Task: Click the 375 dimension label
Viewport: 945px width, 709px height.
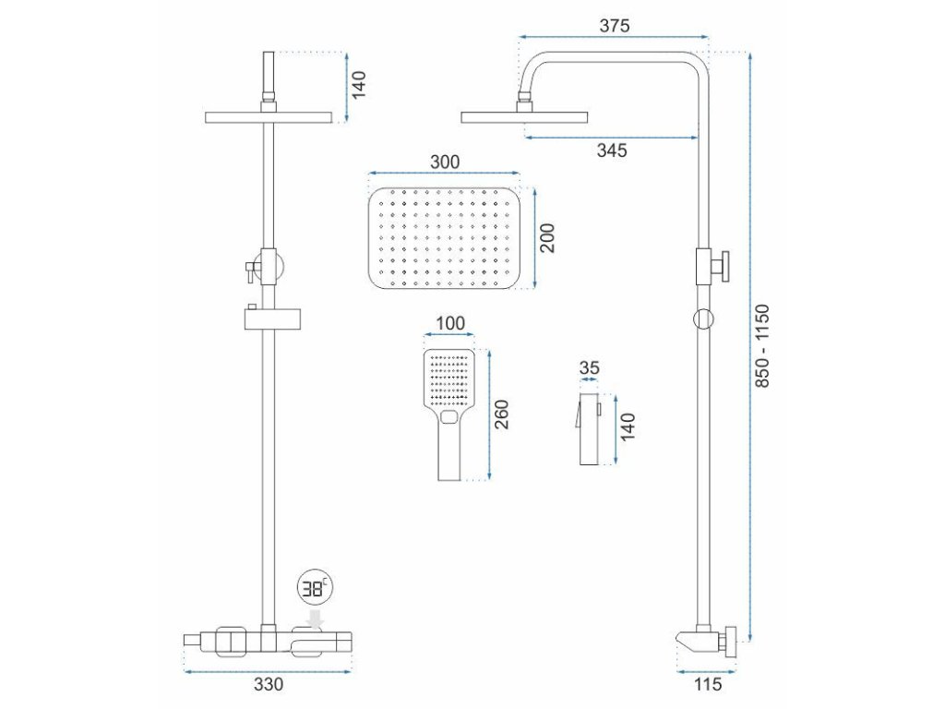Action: (614, 26)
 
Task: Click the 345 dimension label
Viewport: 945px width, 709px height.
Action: (611, 150)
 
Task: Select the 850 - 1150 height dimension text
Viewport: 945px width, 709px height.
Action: (762, 346)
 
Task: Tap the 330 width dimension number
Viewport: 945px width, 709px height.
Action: (268, 685)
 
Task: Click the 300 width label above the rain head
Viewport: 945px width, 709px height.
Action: (444, 162)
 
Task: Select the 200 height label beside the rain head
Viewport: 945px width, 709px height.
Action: (546, 238)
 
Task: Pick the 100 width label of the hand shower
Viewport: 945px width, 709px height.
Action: (449, 325)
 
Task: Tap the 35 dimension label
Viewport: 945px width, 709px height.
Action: (590, 367)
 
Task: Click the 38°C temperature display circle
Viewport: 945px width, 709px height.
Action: (316, 588)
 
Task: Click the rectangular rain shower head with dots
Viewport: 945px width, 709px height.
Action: (444, 239)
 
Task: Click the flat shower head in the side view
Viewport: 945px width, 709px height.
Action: (524, 116)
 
